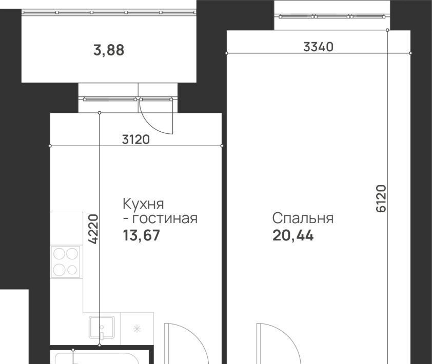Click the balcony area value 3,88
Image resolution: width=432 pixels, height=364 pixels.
point(109,51)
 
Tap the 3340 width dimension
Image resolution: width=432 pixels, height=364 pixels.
point(318,47)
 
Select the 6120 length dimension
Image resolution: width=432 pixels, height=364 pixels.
point(381,198)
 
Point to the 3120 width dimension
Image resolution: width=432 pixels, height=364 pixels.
point(136,139)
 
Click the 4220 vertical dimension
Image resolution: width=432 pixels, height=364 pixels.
point(94,229)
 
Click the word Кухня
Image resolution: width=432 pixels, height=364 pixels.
point(143,204)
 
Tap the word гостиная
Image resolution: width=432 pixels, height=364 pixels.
point(165,218)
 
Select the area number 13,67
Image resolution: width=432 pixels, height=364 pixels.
point(141,236)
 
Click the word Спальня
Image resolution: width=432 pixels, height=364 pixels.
point(303,218)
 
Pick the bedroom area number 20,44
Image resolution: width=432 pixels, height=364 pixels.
point(293,236)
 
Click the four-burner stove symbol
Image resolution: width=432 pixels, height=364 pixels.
point(66,262)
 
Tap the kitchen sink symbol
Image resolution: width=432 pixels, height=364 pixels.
point(102,328)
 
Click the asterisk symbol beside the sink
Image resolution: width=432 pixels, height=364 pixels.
point(137,329)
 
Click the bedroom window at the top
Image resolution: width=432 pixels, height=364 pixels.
point(332,16)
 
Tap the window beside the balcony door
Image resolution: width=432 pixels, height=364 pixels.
point(110,99)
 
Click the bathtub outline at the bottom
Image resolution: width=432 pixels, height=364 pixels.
point(96,358)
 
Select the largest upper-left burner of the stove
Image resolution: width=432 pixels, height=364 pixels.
point(59,254)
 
